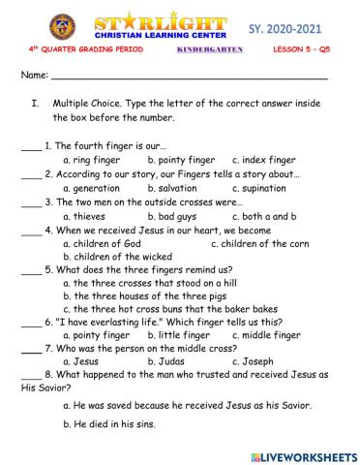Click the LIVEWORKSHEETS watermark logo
304,454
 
